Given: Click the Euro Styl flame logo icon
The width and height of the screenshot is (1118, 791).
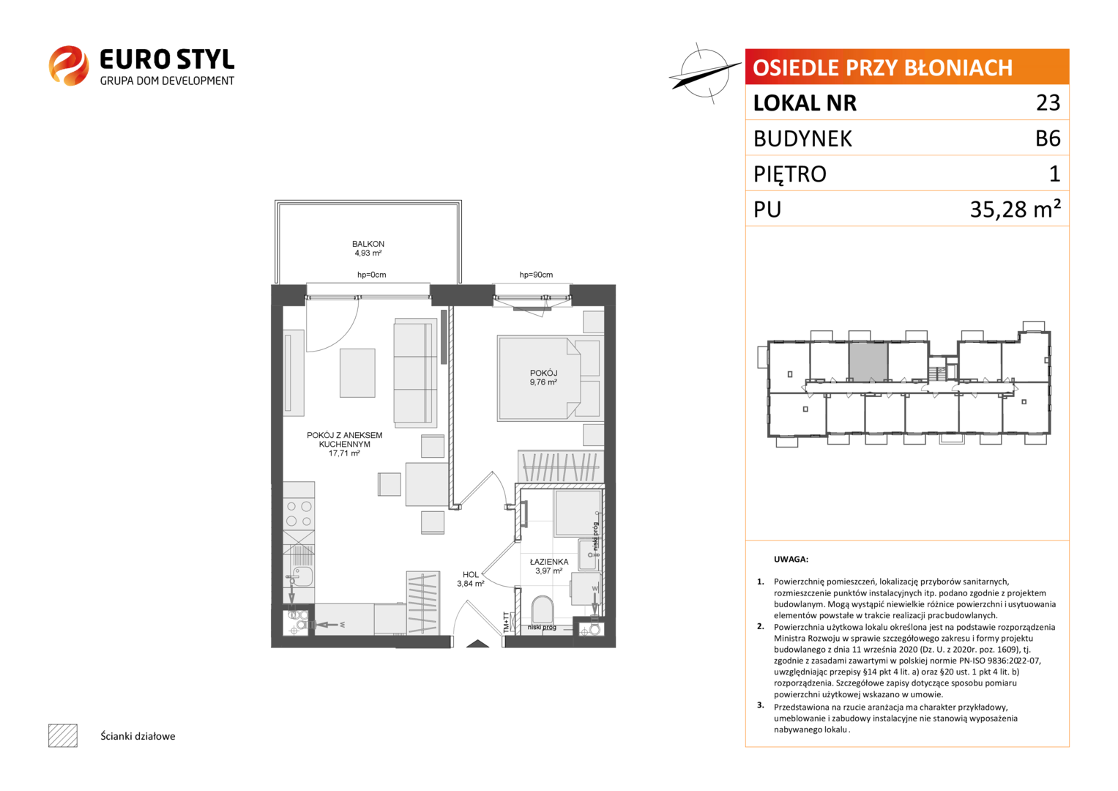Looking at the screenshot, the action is tap(69, 65).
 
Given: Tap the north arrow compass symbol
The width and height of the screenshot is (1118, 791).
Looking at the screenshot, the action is tap(704, 73).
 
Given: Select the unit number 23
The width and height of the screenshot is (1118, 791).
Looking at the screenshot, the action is tap(1048, 103).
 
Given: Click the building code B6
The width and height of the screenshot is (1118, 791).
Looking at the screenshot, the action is tap(1048, 138).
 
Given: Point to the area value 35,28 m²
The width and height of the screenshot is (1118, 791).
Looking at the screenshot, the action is tap(1015, 209).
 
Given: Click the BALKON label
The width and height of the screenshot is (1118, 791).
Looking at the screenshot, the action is tap(368, 244).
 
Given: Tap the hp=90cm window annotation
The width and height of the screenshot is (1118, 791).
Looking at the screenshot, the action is tap(536, 275).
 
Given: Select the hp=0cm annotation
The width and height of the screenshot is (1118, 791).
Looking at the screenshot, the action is tap(371, 275).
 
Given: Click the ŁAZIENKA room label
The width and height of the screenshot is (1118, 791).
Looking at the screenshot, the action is tap(549, 562).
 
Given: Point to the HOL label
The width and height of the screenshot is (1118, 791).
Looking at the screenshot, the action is tap(470, 575).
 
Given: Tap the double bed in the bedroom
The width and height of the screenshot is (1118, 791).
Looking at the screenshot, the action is tap(548, 379).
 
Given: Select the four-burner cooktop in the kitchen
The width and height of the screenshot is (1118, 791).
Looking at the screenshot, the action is tap(299, 514).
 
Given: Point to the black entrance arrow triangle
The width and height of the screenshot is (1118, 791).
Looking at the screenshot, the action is tap(477, 644).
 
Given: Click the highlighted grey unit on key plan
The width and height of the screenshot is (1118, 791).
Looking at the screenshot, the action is tap(868, 362).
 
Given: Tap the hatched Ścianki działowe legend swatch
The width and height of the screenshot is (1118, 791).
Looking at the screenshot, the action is tap(63, 735).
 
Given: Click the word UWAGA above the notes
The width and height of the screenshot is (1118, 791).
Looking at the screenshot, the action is tap(791, 560).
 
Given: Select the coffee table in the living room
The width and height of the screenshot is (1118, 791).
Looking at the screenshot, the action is tap(357, 373).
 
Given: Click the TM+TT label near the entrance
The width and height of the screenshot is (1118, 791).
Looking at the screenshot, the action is tap(506, 623).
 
